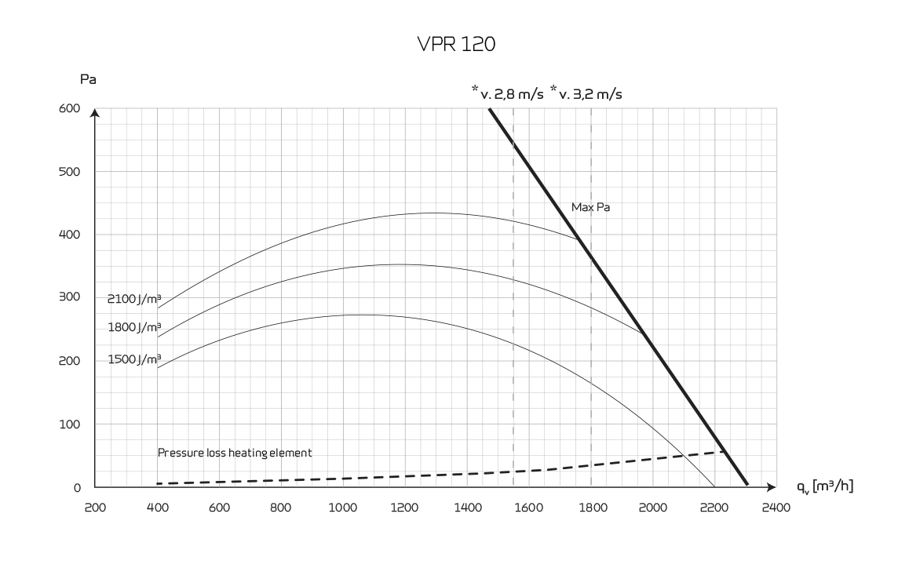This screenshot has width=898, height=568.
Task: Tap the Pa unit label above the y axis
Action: coord(88,79)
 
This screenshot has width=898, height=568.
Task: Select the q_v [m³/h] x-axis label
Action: coord(825,486)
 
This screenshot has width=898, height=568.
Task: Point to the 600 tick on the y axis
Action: coord(71,109)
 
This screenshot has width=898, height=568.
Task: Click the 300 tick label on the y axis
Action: coord(71,297)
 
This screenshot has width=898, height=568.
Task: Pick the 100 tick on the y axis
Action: coord(71,424)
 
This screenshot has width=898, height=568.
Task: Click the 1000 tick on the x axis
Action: coord(343,508)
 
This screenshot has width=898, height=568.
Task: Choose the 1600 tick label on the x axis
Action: coord(529,508)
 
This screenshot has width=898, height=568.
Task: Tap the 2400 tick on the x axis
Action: coord(776,508)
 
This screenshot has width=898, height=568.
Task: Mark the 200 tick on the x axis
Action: coord(95,508)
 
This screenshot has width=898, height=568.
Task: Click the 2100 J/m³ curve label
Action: coord(134,299)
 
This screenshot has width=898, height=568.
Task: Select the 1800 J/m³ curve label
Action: coord(134,327)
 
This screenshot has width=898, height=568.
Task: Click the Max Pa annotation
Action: coord(590,208)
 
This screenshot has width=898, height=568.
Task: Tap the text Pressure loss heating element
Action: coord(235,453)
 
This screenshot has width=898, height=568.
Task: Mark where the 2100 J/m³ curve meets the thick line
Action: coord(579,240)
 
